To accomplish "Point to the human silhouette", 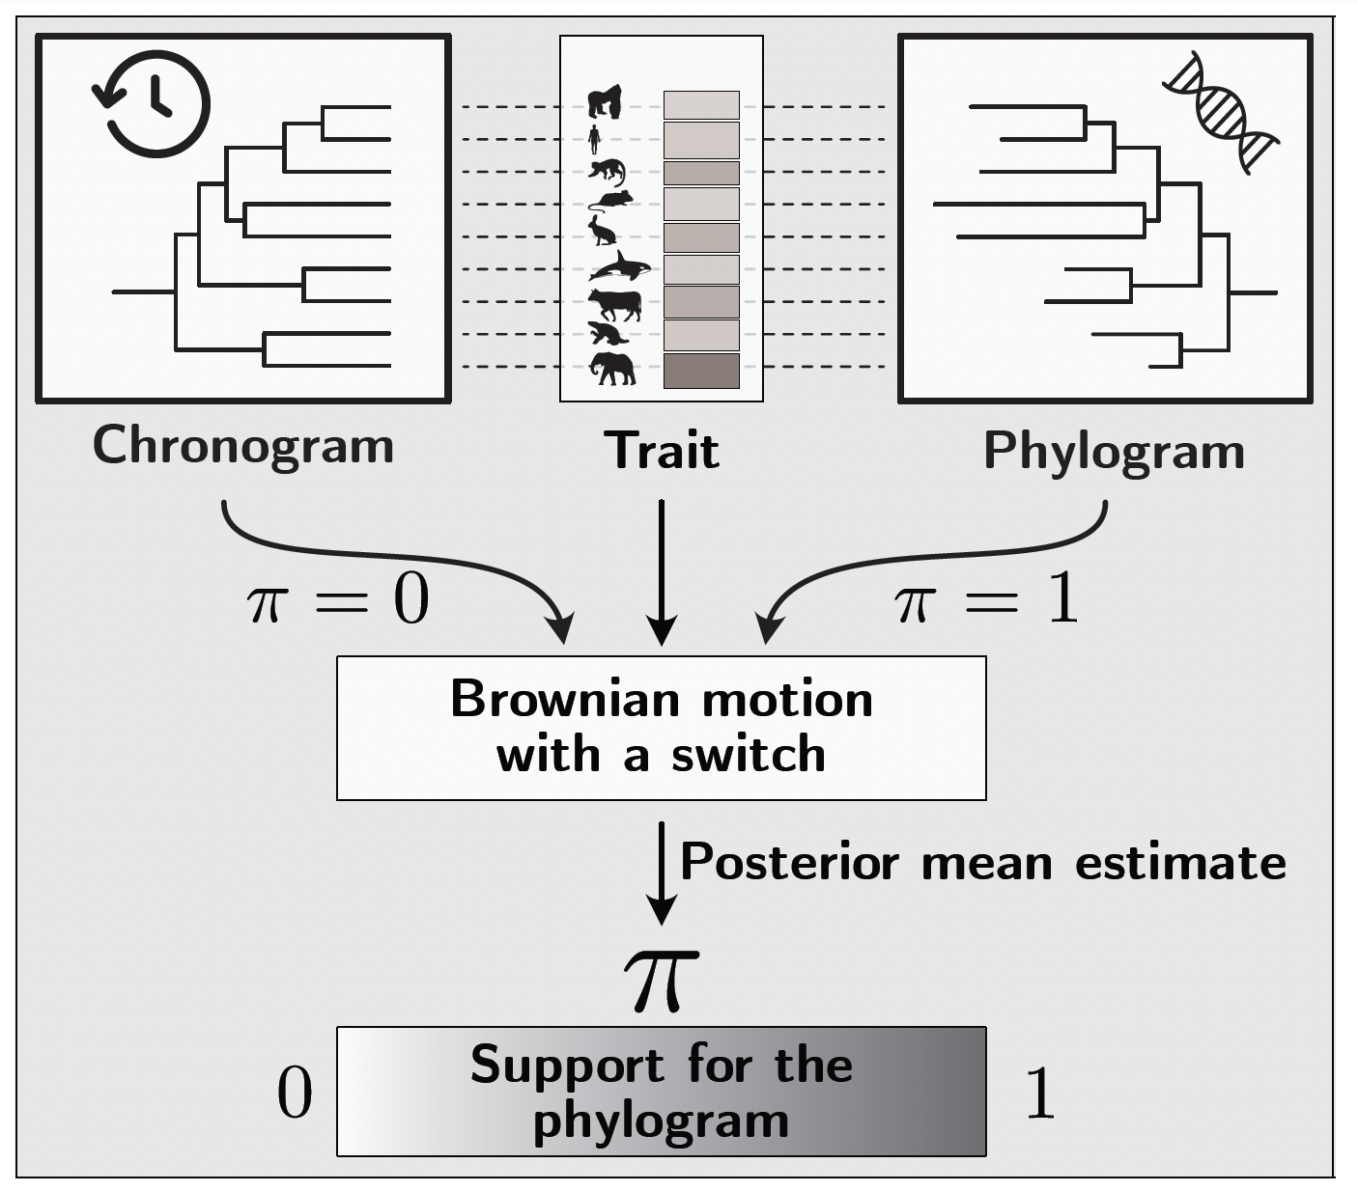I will (594, 139).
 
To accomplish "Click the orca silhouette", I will (619, 267).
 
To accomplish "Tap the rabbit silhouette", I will (603, 231).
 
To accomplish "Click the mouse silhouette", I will (611, 201).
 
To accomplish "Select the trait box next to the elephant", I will (701, 371).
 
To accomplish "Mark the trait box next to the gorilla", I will (701, 104).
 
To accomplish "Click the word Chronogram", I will (243, 446).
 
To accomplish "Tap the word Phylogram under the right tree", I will (1114, 451).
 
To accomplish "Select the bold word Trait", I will (662, 451).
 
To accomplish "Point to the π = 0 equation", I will (338, 600).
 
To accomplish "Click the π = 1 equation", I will (986, 600).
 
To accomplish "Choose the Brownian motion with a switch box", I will (661, 728).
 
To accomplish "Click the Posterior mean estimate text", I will (982, 862).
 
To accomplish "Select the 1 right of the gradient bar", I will (1039, 1094).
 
